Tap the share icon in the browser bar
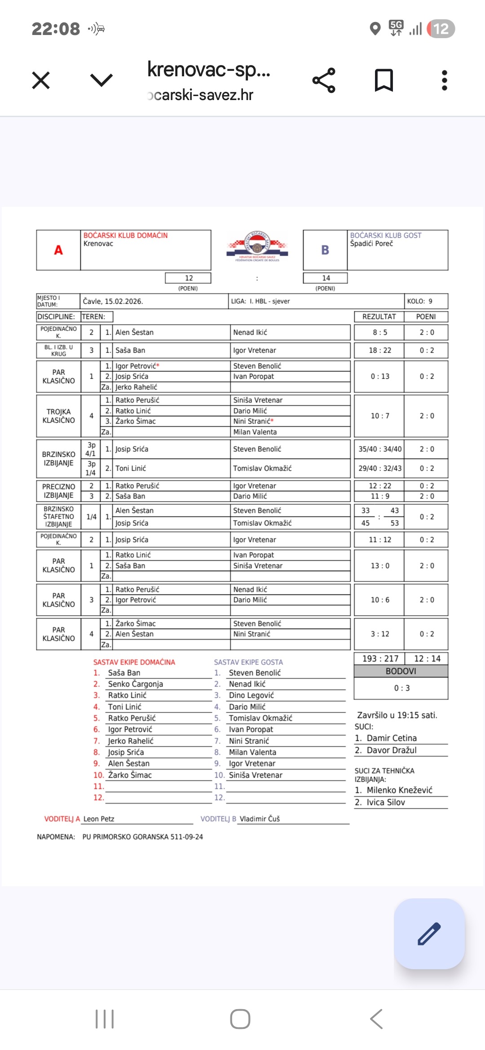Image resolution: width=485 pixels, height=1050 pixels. tap(324, 80)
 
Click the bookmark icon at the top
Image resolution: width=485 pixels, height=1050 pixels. tap(384, 80)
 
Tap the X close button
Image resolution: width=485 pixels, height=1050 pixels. tap(41, 81)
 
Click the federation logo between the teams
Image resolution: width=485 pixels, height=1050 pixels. tap(257, 247)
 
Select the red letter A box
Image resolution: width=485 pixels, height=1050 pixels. tap(58, 250)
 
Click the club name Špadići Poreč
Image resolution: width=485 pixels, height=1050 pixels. tap(371, 244)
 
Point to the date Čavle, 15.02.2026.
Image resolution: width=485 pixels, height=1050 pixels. tap(113, 301)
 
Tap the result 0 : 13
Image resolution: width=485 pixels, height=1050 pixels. tap(379, 376)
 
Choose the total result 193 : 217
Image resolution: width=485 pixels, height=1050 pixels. tap(380, 658)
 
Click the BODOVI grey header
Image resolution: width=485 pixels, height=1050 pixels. tap(401, 671)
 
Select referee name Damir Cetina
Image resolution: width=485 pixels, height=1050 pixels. tap(392, 738)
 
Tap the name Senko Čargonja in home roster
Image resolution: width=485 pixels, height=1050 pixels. tap(135, 684)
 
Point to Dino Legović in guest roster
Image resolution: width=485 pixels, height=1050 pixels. tap(251, 695)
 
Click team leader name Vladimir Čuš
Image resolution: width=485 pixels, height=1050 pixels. tap(260, 819)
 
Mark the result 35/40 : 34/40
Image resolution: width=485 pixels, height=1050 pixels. tap(379, 449)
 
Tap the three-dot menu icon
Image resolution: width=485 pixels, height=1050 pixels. tap(444, 80)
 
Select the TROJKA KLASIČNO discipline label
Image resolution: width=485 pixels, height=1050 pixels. tap(58, 416)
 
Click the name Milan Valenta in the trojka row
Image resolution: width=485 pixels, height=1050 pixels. tap(255, 432)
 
